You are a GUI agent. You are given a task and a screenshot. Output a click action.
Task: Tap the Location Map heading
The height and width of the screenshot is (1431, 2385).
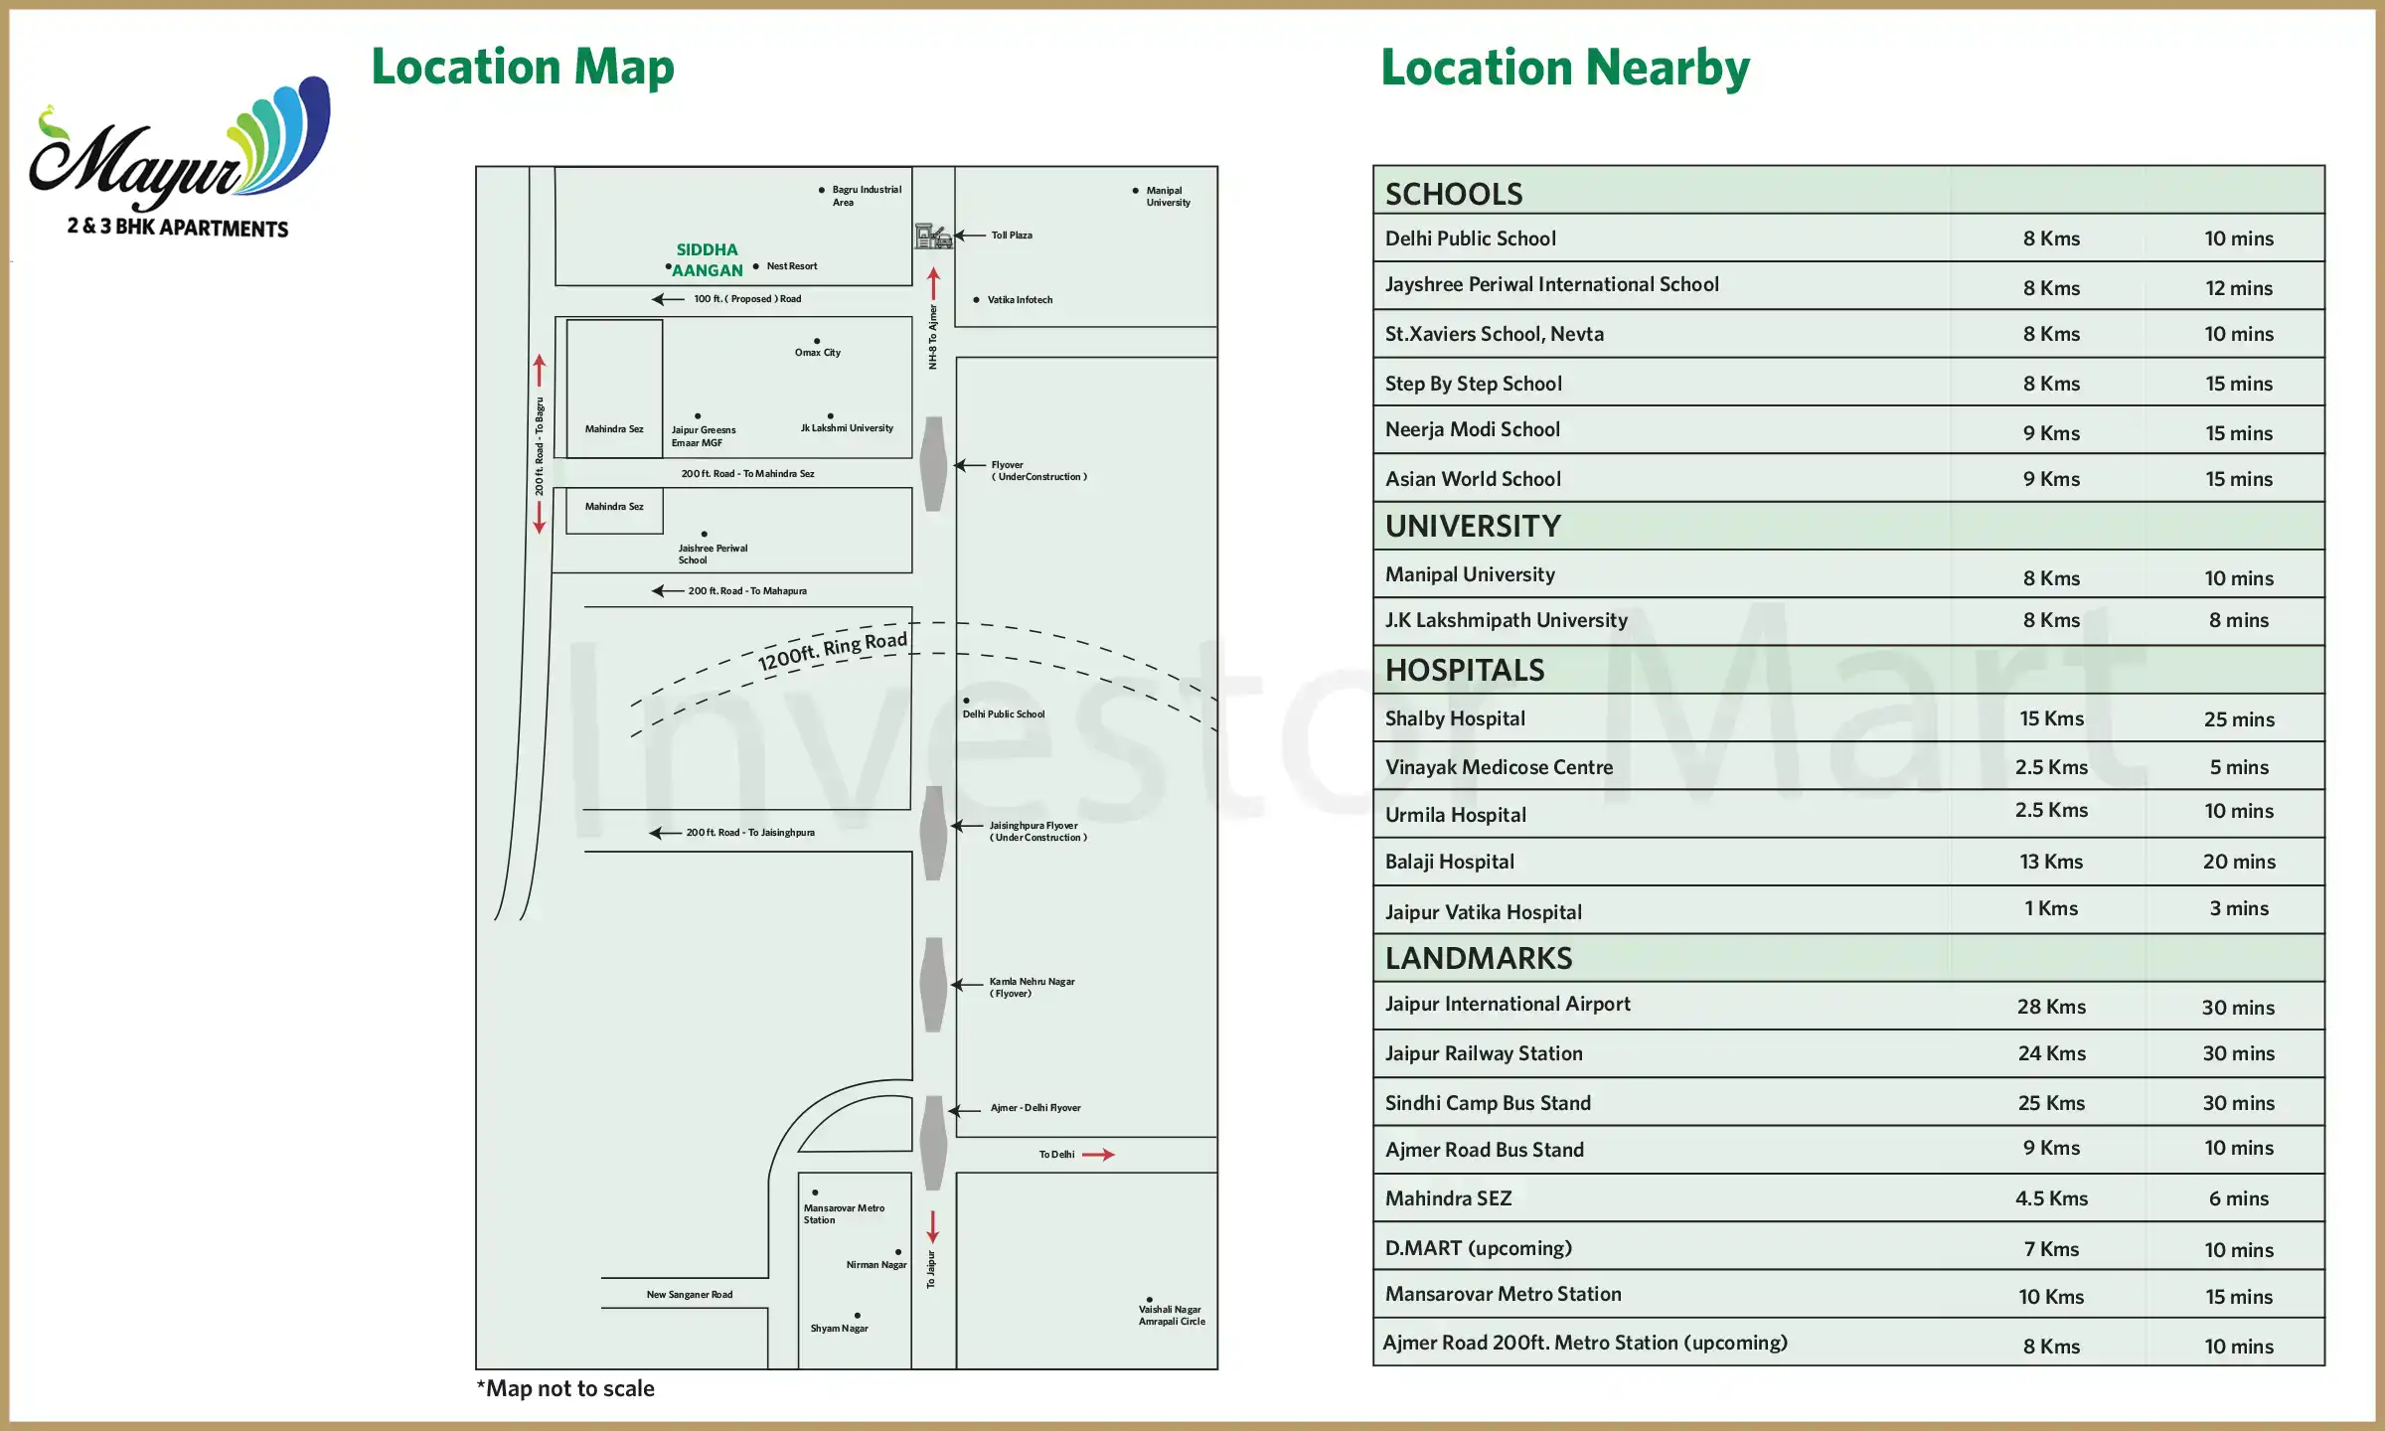tap(523, 68)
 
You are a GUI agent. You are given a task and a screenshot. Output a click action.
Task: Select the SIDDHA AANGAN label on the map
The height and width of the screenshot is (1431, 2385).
tap(707, 259)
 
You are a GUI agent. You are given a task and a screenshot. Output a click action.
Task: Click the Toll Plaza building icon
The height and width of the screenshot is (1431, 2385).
tap(932, 236)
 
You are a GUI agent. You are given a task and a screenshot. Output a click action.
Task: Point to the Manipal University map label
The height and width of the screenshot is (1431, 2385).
tap(1168, 196)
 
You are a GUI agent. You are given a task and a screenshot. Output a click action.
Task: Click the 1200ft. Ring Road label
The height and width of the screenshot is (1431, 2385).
tap(832, 651)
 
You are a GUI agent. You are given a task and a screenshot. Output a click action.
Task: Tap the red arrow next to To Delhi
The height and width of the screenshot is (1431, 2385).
tap(1098, 1155)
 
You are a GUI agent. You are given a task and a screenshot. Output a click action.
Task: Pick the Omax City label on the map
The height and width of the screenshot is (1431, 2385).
tap(817, 352)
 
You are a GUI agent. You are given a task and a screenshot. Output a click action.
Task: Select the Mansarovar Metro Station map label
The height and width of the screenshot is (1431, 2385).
tap(844, 1213)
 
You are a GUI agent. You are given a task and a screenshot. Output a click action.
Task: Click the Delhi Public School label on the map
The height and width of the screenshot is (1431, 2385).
tap(1004, 714)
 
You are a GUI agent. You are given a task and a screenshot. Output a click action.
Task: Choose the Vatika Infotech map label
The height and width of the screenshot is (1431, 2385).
tap(1020, 299)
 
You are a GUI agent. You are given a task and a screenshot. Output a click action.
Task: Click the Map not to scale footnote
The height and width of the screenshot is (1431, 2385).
tap(565, 1388)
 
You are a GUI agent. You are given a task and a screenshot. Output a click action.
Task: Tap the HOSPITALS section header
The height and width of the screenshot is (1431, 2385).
tap(1465, 671)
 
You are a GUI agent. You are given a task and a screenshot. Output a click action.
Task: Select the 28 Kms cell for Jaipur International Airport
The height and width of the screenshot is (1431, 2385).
tap(2051, 1007)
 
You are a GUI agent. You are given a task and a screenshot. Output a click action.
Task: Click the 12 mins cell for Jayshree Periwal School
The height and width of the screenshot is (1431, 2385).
tap(2239, 288)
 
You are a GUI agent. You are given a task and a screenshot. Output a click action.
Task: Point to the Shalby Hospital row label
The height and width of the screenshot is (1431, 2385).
tap(1455, 718)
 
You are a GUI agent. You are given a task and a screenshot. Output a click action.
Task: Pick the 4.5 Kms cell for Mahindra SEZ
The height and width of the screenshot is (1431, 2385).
tap(2051, 1198)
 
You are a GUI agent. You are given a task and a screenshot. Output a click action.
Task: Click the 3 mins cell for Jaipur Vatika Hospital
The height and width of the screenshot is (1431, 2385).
tap(2239, 908)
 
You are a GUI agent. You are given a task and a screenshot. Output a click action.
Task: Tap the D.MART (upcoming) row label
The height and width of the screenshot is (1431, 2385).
tap(1479, 1248)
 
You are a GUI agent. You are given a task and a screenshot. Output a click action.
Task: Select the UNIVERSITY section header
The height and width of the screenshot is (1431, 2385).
tap(1473, 527)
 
